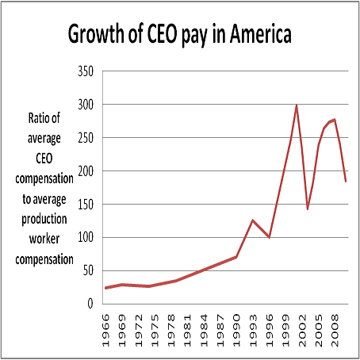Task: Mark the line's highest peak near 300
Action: click(297, 105)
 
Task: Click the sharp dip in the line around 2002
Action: click(308, 209)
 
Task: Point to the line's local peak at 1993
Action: click(253, 220)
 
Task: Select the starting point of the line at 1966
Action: click(105, 288)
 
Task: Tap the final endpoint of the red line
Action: click(346, 182)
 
